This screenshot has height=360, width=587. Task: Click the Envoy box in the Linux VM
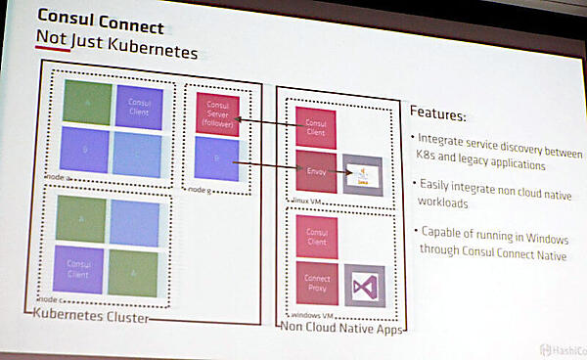(x=315, y=170)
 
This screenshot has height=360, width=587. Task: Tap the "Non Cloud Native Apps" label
(x=342, y=327)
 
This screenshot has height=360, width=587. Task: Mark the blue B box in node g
(x=217, y=157)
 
